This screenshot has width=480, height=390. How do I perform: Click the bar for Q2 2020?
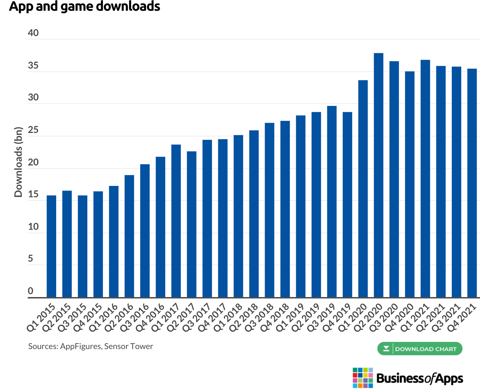click(378, 175)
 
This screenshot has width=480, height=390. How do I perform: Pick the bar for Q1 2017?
click(176, 221)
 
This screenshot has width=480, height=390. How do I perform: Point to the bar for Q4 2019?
click(347, 205)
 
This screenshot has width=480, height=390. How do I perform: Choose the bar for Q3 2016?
click(145, 231)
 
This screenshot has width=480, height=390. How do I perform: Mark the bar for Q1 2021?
click(425, 179)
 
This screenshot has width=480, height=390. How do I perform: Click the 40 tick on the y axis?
click(33, 33)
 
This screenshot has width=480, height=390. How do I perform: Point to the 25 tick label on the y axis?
click(33, 130)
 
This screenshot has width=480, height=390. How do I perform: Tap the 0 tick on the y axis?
click(31, 291)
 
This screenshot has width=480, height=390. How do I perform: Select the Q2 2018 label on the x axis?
click(244, 318)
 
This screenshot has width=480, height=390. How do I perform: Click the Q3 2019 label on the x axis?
click(322, 318)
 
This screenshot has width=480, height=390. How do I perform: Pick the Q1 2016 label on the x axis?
click(104, 318)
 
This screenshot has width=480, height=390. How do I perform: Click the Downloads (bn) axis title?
click(18, 162)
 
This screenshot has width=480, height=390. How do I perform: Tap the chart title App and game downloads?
click(84, 6)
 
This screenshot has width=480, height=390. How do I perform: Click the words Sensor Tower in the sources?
click(129, 346)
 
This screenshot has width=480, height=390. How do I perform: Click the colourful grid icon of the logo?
click(363, 378)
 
